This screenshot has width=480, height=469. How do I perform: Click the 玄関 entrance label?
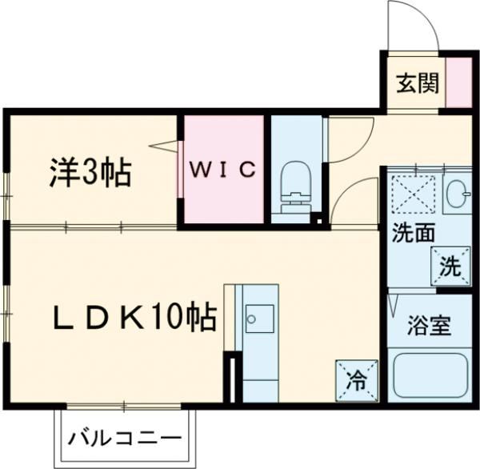(x=416, y=82)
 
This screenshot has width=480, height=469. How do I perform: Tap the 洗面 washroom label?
(x=413, y=235)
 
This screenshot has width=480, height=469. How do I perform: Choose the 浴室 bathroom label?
(x=430, y=326)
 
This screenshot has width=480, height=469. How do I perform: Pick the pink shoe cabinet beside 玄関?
(x=459, y=82)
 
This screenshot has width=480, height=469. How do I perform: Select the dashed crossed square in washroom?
(x=414, y=194)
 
